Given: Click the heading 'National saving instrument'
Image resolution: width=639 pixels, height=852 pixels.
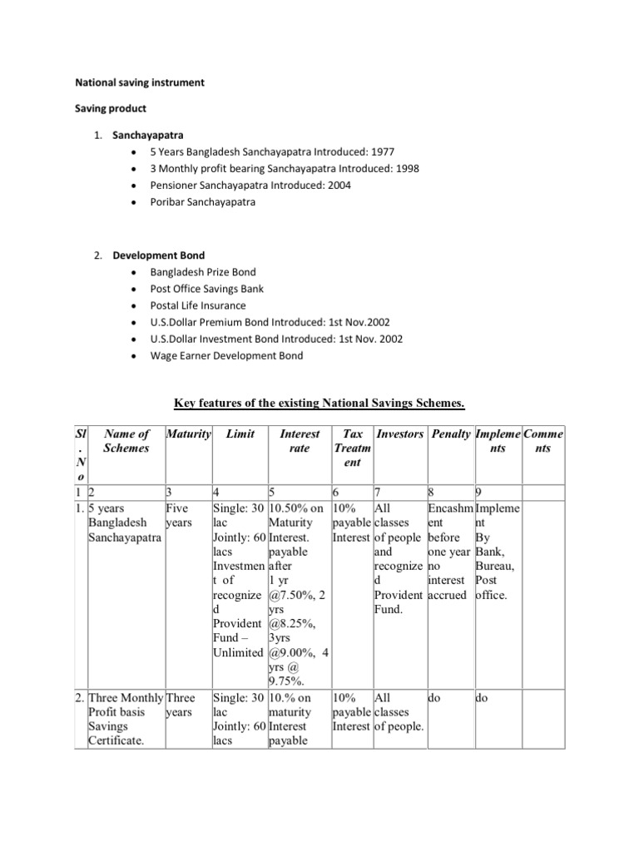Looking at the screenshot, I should click(x=140, y=83).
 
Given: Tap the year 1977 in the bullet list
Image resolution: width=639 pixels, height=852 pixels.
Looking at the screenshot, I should click(x=382, y=151).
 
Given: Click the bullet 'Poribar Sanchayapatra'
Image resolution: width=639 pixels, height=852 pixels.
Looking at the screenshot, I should click(x=202, y=201).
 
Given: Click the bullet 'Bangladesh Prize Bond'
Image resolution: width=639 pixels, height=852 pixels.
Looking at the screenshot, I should click(x=202, y=272).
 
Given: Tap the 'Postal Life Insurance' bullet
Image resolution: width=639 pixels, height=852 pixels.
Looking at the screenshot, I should click(x=197, y=305).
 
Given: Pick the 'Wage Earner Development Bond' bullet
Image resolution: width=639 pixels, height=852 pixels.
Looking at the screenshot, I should click(x=226, y=355).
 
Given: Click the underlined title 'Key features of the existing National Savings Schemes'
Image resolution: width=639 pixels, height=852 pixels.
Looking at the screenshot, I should click(x=319, y=404).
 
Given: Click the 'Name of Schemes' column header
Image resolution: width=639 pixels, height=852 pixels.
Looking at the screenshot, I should click(x=127, y=441).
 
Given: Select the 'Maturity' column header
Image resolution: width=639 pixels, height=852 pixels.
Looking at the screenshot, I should click(x=189, y=434).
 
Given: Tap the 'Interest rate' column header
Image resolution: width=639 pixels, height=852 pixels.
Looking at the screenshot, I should click(x=299, y=441).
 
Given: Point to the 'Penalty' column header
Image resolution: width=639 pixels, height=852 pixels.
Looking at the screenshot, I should click(x=448, y=434).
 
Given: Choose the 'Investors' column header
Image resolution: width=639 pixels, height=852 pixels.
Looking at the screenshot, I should click(x=400, y=434).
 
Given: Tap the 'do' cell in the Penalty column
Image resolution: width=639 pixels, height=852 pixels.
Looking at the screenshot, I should click(x=433, y=699).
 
